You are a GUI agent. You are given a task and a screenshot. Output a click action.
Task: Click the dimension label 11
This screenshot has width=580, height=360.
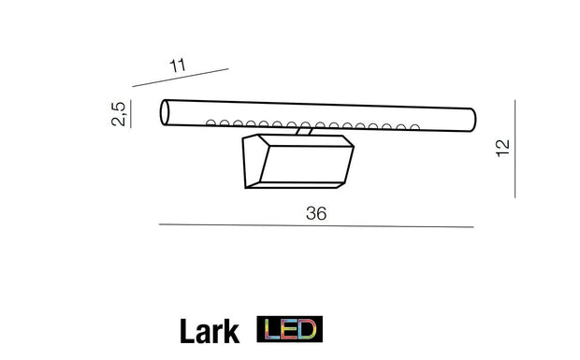(x=178, y=65)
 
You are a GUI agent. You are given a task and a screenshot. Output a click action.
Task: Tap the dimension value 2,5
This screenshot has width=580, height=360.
(x=119, y=114)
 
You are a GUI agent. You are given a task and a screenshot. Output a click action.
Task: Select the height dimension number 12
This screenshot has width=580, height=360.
(x=502, y=149)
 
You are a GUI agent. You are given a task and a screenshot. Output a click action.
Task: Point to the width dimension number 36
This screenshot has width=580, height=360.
(x=316, y=213)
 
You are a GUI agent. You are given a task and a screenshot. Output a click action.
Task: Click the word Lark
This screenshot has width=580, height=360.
(x=210, y=332)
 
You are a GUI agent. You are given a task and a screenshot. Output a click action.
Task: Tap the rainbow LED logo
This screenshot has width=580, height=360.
(x=290, y=329)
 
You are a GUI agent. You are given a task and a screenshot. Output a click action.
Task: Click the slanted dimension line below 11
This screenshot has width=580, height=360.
(x=181, y=78)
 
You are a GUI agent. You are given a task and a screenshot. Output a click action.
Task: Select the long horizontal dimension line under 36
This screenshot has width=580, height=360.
(x=316, y=225)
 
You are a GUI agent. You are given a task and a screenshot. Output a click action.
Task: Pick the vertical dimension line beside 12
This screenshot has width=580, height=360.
(x=515, y=149)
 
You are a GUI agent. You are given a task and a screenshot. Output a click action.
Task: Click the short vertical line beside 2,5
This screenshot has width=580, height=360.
(x=131, y=114)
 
